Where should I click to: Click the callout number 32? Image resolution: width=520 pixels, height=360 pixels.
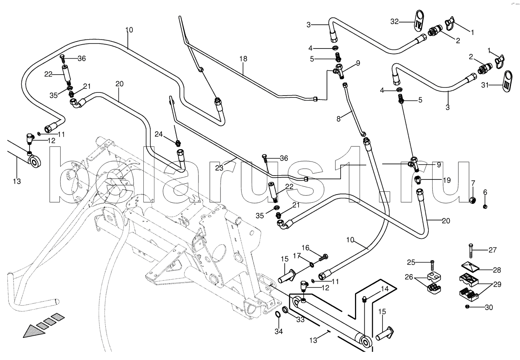pyautogui.click(x=395, y=22)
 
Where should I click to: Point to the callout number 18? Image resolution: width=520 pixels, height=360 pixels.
pyautogui.click(x=243, y=59)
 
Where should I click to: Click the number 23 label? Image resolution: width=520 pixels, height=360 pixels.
pyautogui.click(x=219, y=168)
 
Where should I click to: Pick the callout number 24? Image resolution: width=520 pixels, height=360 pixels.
pyautogui.click(x=159, y=134)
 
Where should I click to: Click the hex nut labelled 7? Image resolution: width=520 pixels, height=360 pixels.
pyautogui.click(x=472, y=200)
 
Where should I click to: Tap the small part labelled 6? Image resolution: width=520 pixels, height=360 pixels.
pyautogui.click(x=485, y=206)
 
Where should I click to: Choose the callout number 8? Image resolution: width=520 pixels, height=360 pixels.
pyautogui.click(x=339, y=119)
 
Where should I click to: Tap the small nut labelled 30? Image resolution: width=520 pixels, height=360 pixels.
pyautogui.click(x=467, y=307)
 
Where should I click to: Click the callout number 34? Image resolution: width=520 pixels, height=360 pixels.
pyautogui.click(x=278, y=332)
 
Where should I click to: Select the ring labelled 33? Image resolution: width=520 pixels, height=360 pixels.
pyautogui.click(x=285, y=310)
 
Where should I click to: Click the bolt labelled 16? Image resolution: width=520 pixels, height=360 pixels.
pyautogui.click(x=324, y=257)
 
